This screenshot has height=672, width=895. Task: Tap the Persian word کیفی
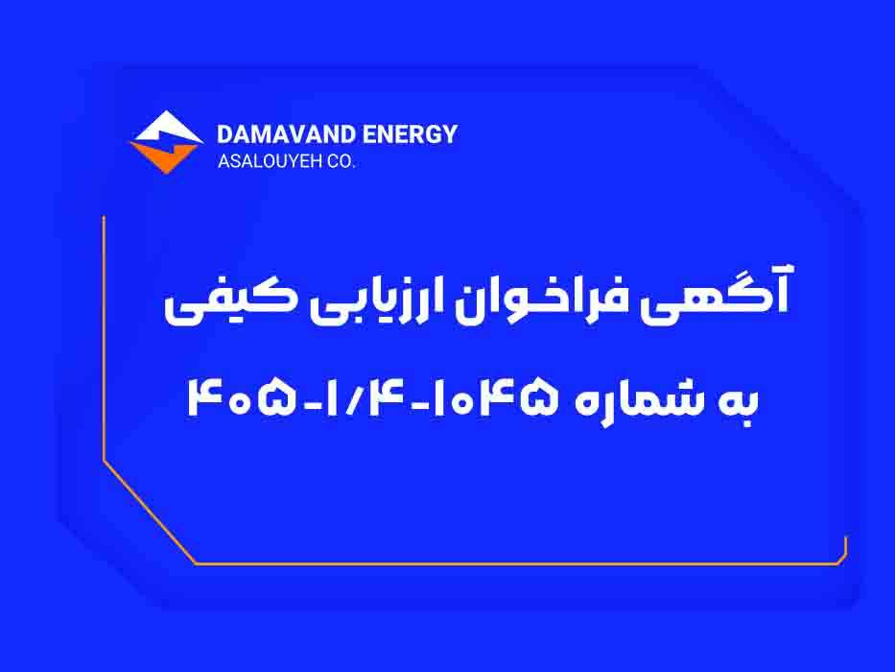[228, 302]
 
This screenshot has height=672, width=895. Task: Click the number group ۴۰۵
[242, 397]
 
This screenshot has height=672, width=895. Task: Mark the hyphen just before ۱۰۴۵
[419, 406]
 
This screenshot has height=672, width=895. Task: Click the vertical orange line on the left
[104, 338]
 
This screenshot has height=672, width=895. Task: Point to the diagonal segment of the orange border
[150, 513]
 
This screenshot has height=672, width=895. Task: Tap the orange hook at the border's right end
[842, 553]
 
